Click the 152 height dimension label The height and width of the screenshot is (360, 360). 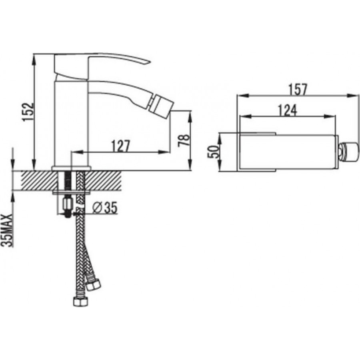(x=28, y=112)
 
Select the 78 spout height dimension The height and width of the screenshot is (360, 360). (x=184, y=140)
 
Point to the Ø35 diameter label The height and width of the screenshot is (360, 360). (x=105, y=208)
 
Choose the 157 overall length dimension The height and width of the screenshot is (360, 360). (x=298, y=89)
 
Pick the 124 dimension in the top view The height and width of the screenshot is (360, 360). (x=288, y=110)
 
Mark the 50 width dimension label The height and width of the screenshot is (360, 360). (x=213, y=152)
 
